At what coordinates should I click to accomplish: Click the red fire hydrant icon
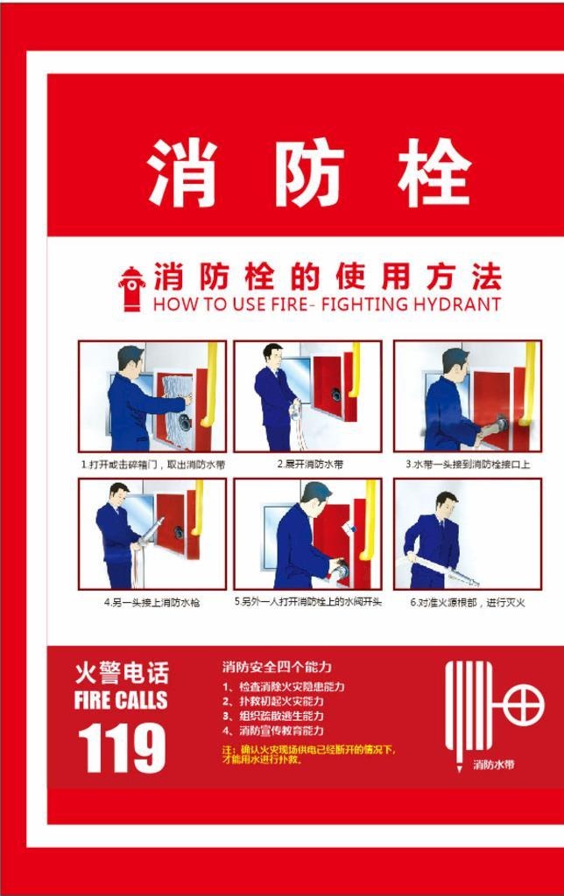tap(132, 289)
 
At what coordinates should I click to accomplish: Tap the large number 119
tap(122, 747)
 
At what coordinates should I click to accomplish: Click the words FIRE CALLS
tap(121, 700)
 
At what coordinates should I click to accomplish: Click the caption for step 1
tap(152, 465)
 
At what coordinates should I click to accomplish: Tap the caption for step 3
tap(468, 465)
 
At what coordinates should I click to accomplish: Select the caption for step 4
tap(152, 603)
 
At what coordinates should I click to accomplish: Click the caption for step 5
tap(308, 602)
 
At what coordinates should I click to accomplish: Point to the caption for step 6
tap(468, 603)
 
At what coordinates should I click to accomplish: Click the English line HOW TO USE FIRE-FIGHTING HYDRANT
tap(327, 304)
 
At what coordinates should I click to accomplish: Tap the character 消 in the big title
tap(182, 172)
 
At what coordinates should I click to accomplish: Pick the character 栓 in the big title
tap(434, 172)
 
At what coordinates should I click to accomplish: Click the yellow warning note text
tap(308, 754)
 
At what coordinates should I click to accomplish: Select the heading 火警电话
tap(122, 673)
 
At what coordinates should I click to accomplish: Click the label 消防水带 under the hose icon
tap(494, 765)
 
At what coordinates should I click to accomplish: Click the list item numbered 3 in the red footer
tap(273, 716)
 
